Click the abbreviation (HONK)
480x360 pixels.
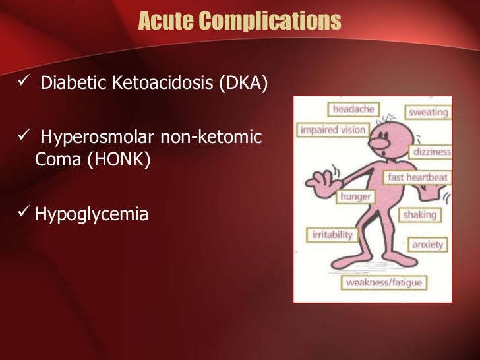tap(118, 160)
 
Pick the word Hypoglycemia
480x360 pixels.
tap(91, 214)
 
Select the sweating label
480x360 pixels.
tap(429, 112)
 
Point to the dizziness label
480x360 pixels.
tap(432, 152)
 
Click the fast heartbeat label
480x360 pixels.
tap(417, 177)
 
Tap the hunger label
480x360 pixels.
tap(355, 196)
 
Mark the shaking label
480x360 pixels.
tap(420, 214)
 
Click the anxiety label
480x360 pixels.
tap(427, 244)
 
